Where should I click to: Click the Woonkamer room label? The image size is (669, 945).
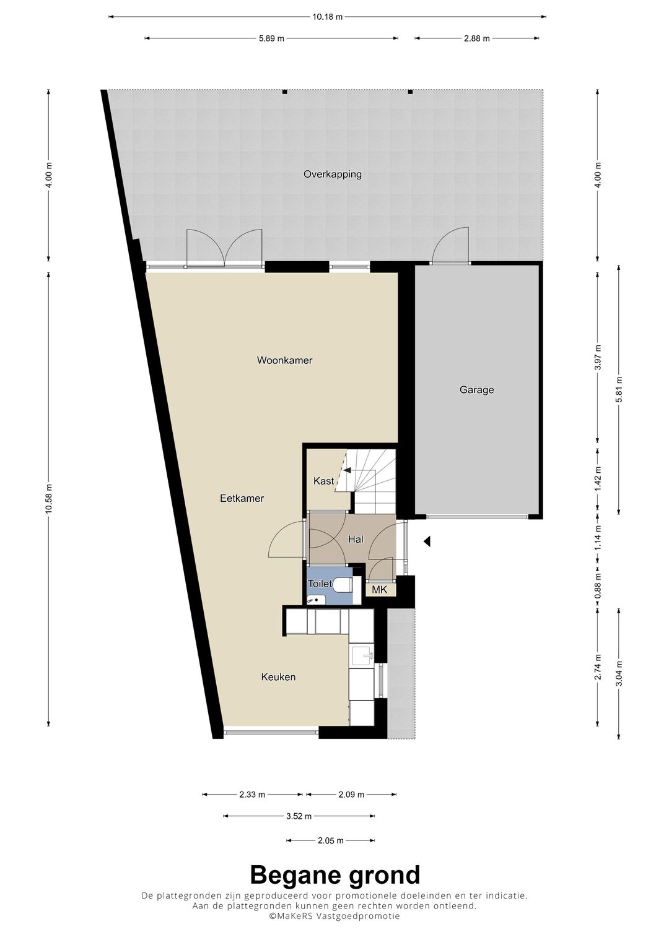pyautogui.click(x=285, y=360)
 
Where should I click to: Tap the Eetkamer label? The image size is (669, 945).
pyautogui.click(x=242, y=498)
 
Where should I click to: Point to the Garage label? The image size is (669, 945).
pyautogui.click(x=477, y=390)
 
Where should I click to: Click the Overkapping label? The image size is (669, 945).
pyautogui.click(x=333, y=175)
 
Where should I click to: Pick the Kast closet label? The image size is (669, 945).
pyautogui.click(x=323, y=481)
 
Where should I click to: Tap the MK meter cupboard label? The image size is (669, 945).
pyautogui.click(x=379, y=590)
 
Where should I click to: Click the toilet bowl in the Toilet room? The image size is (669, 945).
pyautogui.click(x=343, y=585)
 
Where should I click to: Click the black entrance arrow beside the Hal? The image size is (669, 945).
pyautogui.click(x=427, y=542)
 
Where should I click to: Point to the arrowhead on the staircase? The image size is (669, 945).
pyautogui.click(x=347, y=470)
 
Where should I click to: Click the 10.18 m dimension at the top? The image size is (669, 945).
pyautogui.click(x=327, y=17)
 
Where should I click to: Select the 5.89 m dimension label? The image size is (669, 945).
pyautogui.click(x=271, y=38)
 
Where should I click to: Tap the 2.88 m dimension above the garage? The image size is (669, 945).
pyautogui.click(x=477, y=38)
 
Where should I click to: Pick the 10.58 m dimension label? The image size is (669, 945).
pyautogui.click(x=49, y=499)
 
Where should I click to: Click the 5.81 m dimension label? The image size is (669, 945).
pyautogui.click(x=619, y=391)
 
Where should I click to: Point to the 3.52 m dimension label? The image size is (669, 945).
pyautogui.click(x=299, y=816)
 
